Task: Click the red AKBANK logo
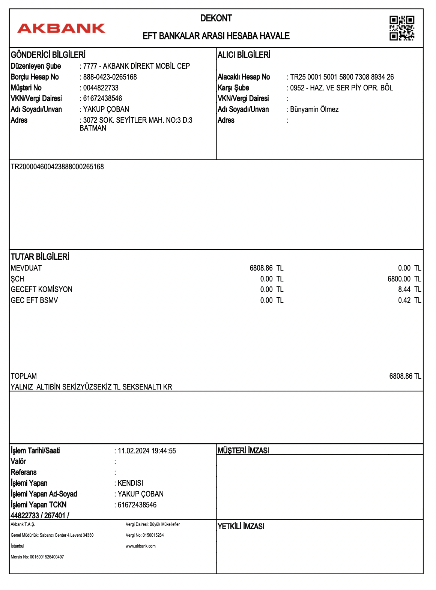tap(61, 28)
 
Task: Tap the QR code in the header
tap(401, 28)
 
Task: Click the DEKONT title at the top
tap(216, 18)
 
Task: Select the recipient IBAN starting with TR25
tap(342, 77)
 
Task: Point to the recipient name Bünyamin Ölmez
tap(314, 109)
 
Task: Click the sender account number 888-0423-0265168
tap(110, 77)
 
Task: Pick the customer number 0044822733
tap(101, 88)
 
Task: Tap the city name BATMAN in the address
tap(93, 128)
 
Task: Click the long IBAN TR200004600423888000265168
tap(57, 167)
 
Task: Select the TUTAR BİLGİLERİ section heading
tap(40, 257)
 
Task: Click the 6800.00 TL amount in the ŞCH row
tap(404, 279)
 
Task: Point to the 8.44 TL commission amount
tap(409, 289)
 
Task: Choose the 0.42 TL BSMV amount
tap(409, 300)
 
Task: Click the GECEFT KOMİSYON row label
tap(42, 289)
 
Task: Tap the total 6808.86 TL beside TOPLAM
tap(405, 376)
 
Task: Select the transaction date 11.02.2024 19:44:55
tap(147, 451)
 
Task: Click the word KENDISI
tap(130, 483)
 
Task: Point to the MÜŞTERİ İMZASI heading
tap(244, 450)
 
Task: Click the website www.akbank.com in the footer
tap(141, 546)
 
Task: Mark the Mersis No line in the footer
tap(37, 557)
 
